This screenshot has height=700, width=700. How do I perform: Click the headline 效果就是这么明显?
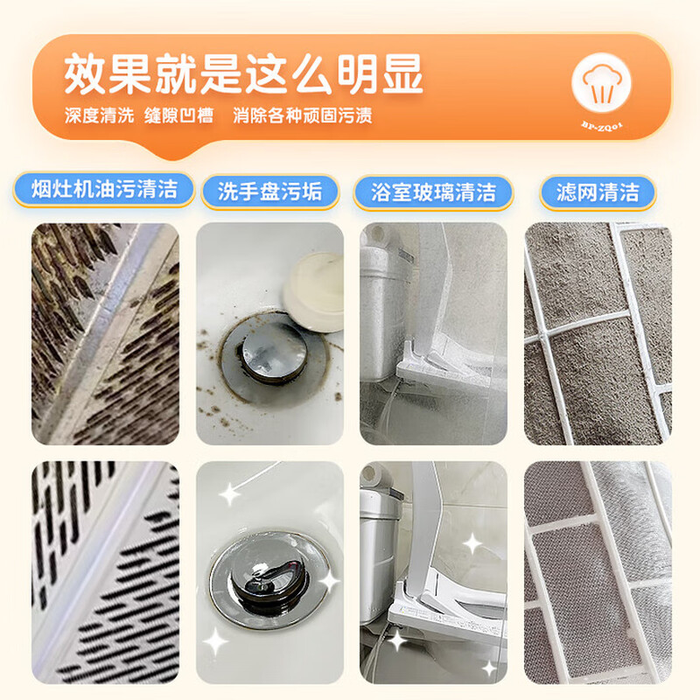click(x=243, y=76)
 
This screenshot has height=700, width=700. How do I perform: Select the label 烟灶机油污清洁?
click(x=104, y=190)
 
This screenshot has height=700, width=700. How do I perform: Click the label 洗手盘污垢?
click(x=271, y=192)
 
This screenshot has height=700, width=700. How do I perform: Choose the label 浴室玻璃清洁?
click(x=433, y=192)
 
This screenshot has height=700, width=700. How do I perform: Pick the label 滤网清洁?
click(x=598, y=192)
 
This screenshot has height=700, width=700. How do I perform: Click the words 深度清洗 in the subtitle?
click(x=99, y=116)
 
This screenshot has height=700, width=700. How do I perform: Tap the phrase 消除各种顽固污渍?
click(x=303, y=116)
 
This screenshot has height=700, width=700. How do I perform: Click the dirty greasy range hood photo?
click(x=105, y=333)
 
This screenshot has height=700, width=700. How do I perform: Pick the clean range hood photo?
click(x=105, y=560)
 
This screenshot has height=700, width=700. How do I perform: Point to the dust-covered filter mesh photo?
click(x=598, y=333)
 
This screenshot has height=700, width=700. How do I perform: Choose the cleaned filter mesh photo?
click(x=598, y=560)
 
